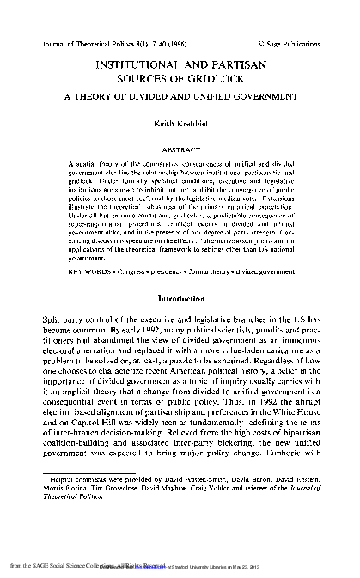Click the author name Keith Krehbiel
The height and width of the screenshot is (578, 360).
click(x=180, y=123)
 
